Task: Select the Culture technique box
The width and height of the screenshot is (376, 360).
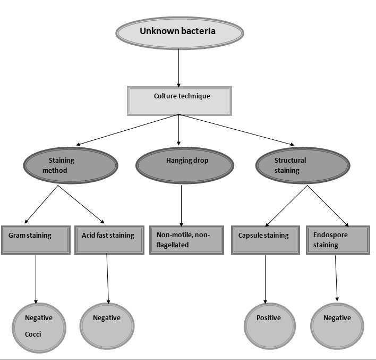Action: point(179,101)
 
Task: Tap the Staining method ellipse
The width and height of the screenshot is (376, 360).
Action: point(69,165)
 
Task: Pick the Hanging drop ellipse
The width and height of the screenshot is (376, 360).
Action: point(184,165)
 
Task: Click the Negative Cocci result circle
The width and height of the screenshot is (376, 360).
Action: point(40,326)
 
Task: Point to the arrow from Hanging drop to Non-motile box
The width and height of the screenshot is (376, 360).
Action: point(182,205)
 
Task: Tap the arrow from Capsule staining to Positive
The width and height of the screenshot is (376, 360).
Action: point(265,279)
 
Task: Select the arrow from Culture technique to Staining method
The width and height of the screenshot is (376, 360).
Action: point(127,130)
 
